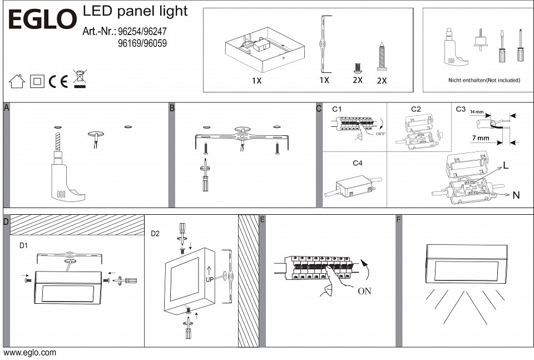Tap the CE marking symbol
point(58,82)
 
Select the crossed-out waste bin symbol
point(80,79)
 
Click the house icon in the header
point(17,82)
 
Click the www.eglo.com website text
point(29,353)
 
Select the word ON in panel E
point(365,291)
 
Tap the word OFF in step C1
point(380,134)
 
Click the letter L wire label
point(506,166)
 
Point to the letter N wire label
point(516,195)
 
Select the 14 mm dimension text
point(476,112)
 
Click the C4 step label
point(358,163)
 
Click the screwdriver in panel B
point(205,176)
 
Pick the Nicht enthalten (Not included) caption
point(484,81)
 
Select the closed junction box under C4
point(353,186)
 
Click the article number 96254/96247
point(143,31)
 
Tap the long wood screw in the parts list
point(382,56)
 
